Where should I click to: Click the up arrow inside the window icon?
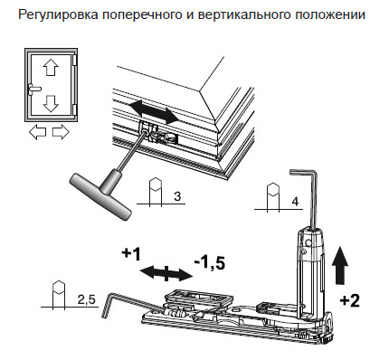(51, 68)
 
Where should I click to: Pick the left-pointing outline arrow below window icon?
(39, 133)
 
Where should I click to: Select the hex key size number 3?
(176, 197)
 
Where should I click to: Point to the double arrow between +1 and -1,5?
(166, 270)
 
